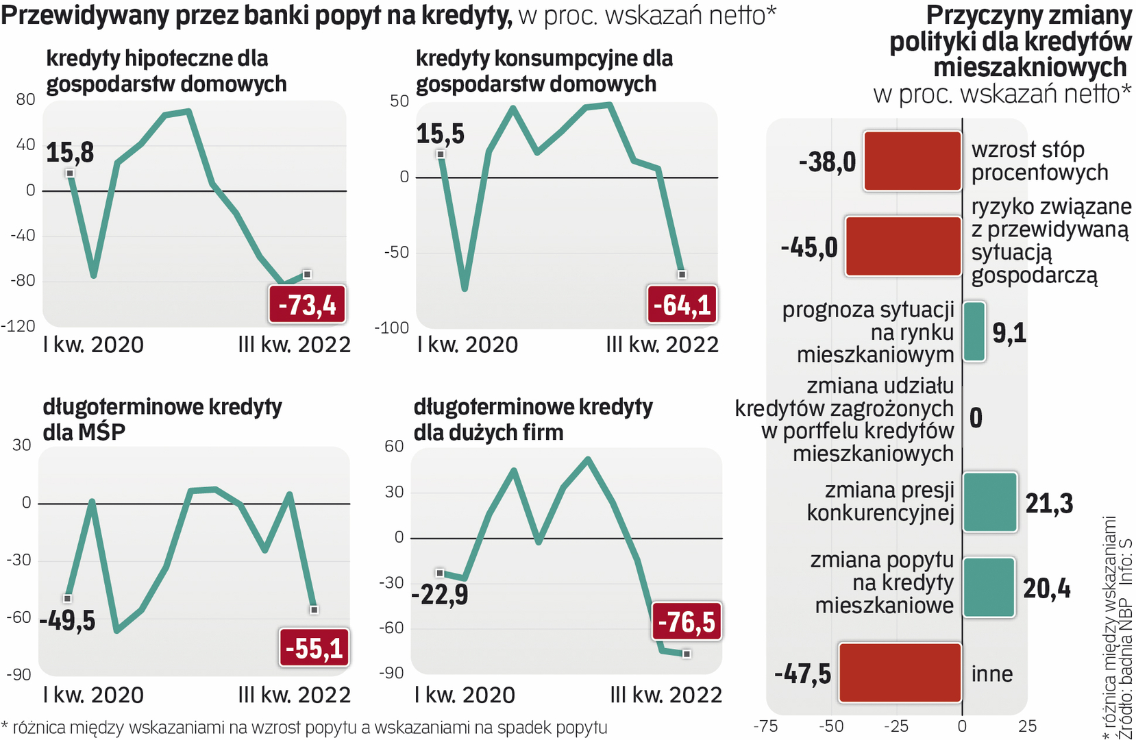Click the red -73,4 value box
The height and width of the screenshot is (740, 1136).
[x=307, y=304]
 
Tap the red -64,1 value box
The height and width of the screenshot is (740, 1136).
[x=682, y=304]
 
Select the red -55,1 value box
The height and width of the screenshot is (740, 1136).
[x=314, y=647]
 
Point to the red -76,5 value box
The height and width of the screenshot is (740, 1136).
[x=687, y=621]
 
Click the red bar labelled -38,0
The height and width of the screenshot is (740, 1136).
[x=913, y=161]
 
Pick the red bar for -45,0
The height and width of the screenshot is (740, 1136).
[x=904, y=247]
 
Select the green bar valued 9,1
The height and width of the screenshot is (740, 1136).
[x=974, y=332]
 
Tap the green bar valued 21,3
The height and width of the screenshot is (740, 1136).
[x=990, y=502]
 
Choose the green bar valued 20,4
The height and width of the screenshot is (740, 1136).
[x=989, y=587]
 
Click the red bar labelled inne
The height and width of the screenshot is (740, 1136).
[x=900, y=673]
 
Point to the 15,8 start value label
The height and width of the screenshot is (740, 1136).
[x=70, y=152]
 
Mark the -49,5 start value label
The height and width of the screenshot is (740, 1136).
[x=67, y=621]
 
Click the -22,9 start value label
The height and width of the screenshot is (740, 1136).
[x=440, y=594]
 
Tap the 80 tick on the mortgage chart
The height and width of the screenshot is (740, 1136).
[x=25, y=99]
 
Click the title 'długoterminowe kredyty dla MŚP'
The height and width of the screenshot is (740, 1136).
[x=162, y=419]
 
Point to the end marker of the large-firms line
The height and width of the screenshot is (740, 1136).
[x=687, y=654]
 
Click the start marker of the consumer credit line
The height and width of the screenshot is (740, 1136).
[x=441, y=154]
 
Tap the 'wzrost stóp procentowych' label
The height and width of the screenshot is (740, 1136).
[x=1039, y=161]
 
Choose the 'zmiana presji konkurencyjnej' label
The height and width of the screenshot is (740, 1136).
[x=880, y=502]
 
